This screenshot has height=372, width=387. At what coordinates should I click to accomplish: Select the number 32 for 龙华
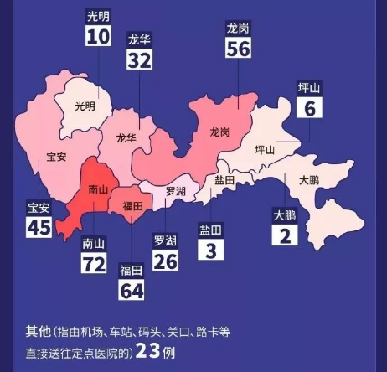[x=140, y=58]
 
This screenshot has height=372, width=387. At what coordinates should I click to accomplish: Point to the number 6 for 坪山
[x=310, y=107]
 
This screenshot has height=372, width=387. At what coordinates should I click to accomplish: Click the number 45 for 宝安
[x=39, y=226]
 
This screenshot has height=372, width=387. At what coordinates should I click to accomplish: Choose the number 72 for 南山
[x=93, y=264]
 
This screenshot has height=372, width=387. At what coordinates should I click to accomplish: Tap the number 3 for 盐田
[x=210, y=250]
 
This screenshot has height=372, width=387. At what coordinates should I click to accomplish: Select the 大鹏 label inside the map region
[x=308, y=179]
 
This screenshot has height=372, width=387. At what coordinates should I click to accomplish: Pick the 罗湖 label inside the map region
[x=175, y=191]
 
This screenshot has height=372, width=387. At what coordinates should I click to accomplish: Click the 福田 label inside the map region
[x=133, y=204]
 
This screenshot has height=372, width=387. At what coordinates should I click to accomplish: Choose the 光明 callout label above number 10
[x=98, y=15]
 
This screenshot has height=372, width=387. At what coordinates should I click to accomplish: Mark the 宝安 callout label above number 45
[x=39, y=207]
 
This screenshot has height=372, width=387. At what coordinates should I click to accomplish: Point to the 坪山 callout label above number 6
[x=310, y=87]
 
